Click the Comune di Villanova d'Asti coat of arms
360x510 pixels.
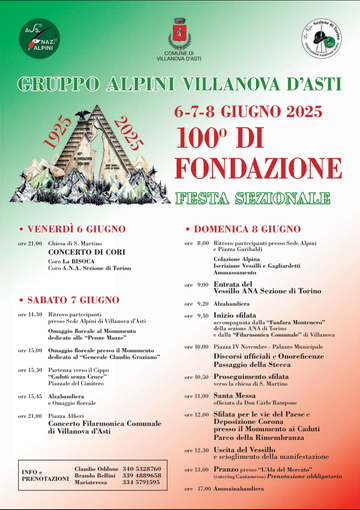(180, 34)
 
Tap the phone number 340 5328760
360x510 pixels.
(141, 468)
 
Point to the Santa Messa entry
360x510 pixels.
(233, 396)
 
